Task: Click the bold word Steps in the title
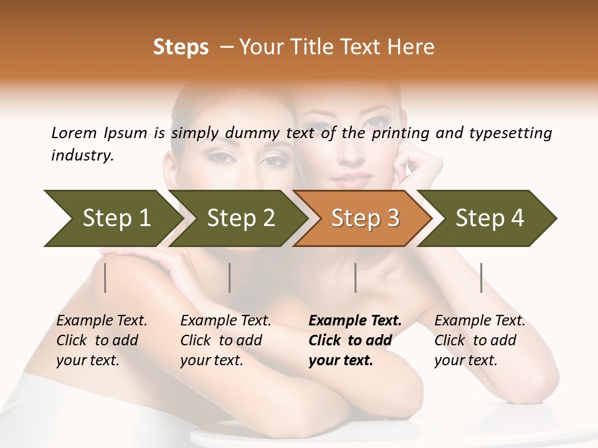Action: tap(181, 47)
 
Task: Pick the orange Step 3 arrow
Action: tap(365, 218)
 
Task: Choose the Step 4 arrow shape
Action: tap(490, 218)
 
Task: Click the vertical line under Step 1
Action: tap(105, 278)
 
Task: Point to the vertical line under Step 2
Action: tap(230, 278)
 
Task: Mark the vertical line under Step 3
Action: tap(356, 278)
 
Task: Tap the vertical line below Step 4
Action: tap(482, 278)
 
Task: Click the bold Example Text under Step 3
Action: tap(355, 321)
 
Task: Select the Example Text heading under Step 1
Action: tap(102, 321)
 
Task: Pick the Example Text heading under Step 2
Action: tap(225, 321)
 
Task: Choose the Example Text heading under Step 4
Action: tap(480, 321)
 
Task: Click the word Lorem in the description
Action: tap(74, 133)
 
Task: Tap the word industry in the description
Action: tap(82, 156)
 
